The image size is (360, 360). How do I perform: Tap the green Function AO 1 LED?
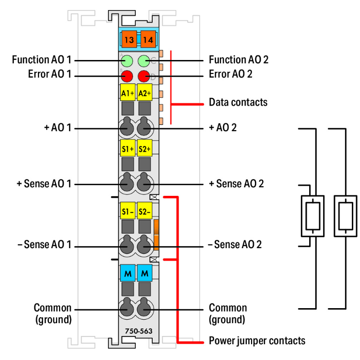click(x=127, y=61)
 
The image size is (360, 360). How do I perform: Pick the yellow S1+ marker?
click(x=127, y=148)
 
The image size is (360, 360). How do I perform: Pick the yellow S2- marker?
click(x=144, y=211)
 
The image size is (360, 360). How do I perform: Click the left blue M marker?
click(x=127, y=274)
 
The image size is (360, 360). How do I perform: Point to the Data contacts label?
click(x=238, y=102)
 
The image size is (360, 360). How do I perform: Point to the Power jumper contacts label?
click(x=257, y=341)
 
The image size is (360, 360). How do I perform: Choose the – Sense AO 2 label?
click(x=235, y=245)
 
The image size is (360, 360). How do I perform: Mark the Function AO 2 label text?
click(x=239, y=60)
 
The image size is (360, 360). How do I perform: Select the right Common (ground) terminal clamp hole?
click(x=144, y=309)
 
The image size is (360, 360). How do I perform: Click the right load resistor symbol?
click(x=345, y=216)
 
